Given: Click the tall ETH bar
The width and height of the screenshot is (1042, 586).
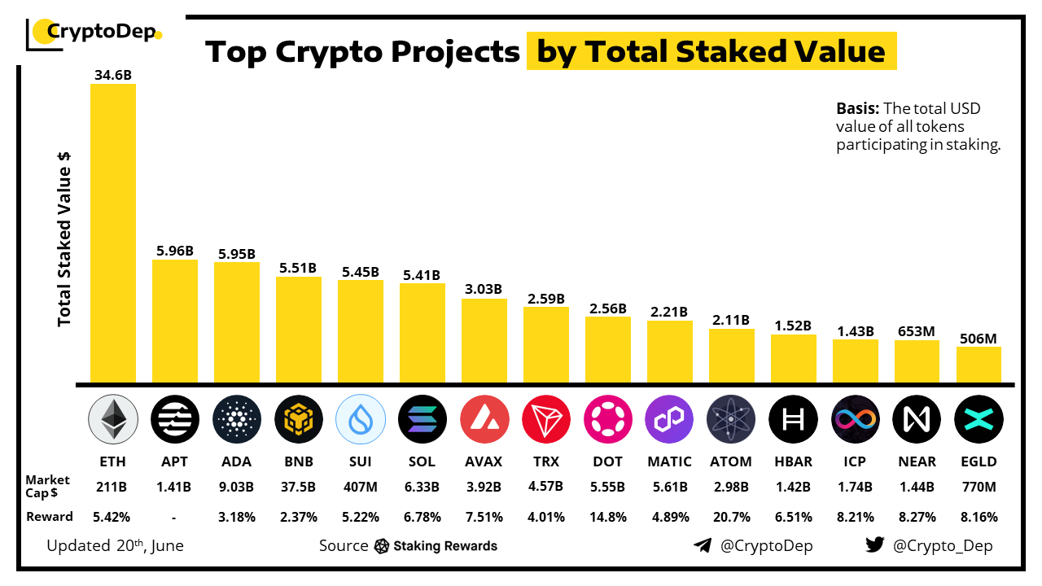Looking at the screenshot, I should click(x=112, y=232).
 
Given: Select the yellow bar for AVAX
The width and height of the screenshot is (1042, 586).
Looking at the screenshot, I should click(x=484, y=340).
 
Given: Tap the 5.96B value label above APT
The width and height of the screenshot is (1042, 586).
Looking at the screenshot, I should click(x=174, y=251).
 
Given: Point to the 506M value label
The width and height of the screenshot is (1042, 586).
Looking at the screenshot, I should click(x=979, y=339).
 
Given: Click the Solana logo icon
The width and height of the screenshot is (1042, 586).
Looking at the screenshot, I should click(x=422, y=419).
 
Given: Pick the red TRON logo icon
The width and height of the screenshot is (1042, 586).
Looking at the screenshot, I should click(x=545, y=419).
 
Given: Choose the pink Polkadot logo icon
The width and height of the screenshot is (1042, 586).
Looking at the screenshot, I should click(x=607, y=419).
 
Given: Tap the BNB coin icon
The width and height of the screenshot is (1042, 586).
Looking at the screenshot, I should click(x=298, y=419).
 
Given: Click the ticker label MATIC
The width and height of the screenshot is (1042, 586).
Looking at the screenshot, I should click(x=669, y=461).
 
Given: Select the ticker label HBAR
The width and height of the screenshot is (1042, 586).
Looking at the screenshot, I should click(x=793, y=461).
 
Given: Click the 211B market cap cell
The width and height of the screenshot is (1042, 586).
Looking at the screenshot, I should click(x=112, y=488).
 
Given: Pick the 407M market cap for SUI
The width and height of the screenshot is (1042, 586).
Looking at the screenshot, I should click(x=360, y=488).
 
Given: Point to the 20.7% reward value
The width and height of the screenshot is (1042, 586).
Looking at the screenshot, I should click(x=731, y=517).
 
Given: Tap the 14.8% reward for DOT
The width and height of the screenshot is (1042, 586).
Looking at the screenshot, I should click(x=607, y=517).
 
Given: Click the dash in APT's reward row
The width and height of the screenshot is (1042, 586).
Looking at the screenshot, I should click(x=174, y=517).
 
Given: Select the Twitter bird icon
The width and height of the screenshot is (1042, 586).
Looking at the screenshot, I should click(x=875, y=545).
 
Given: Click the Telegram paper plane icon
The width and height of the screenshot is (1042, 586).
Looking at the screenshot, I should click(x=703, y=545).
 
